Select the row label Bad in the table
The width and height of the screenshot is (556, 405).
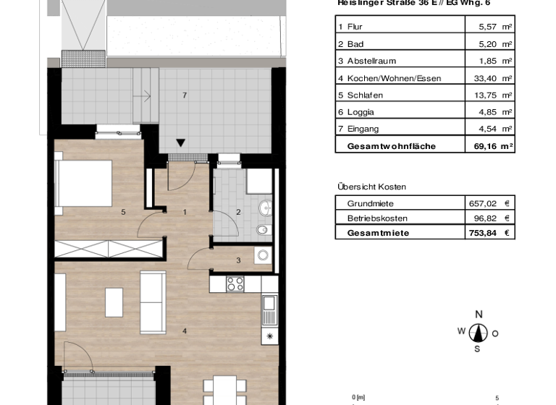pos(355,44)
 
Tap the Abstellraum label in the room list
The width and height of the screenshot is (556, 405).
pos(371,61)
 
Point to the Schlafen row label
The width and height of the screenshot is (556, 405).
pos(365,95)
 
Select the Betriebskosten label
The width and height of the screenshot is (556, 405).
pos(377,218)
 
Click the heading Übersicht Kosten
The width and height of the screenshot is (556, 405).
pos(371,187)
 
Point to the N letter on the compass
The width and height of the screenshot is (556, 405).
pos(478,314)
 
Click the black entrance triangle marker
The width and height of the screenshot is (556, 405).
pos(181,143)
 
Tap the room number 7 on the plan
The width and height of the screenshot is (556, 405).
pos(185,95)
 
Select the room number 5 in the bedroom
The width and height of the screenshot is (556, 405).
pos(124,213)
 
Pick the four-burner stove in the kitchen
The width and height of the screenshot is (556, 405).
pos(235,283)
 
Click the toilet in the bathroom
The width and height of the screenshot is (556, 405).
pos(264,230)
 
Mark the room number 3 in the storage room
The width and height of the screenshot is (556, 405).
pos(237,260)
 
